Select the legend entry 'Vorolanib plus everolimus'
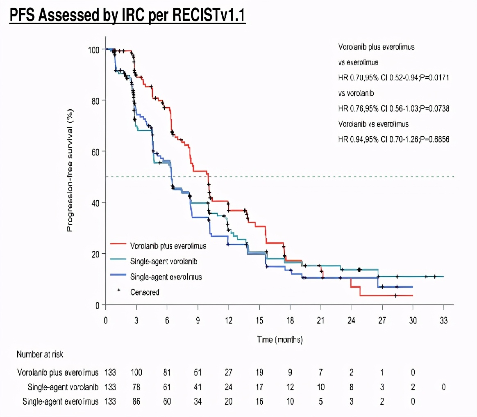point(168,246)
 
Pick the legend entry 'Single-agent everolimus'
point(166,277)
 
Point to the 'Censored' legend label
point(145,292)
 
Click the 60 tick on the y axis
point(95,151)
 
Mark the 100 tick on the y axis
point(94,49)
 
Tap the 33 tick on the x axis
point(443,321)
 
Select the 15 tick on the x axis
point(259,321)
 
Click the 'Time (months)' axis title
point(279,339)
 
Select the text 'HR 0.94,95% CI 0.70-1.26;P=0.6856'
point(394,140)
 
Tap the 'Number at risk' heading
point(40,354)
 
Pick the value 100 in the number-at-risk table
point(136,373)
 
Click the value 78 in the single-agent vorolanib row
point(136,387)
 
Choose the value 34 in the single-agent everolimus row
point(198,401)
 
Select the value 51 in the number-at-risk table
point(198,373)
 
